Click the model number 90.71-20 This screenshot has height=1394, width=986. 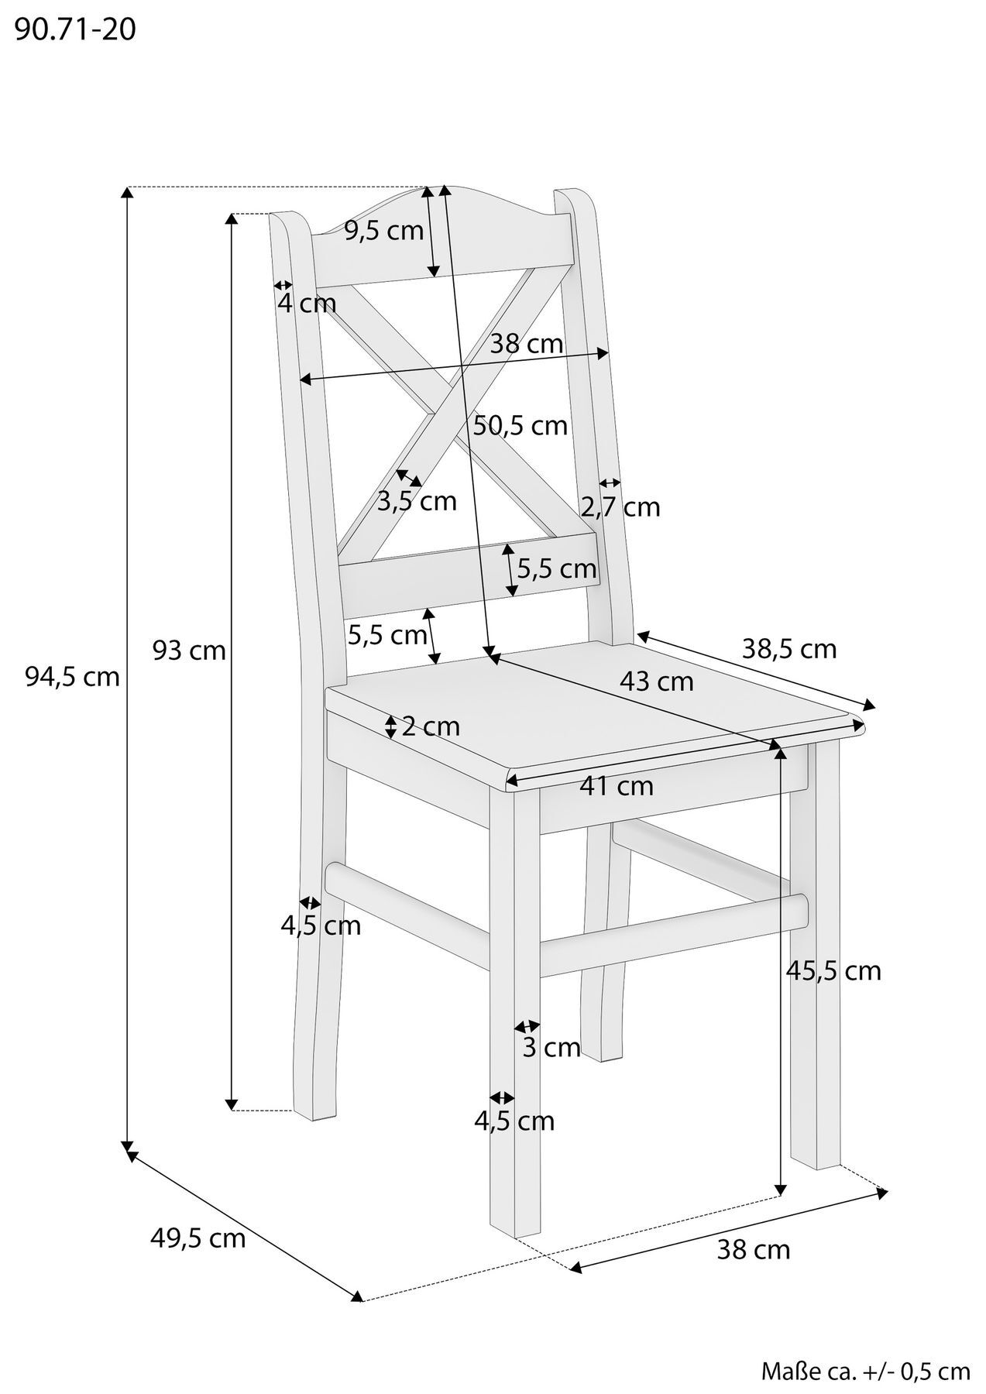point(75,30)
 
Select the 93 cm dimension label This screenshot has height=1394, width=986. point(189,650)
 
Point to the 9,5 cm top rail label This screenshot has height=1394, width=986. point(384,230)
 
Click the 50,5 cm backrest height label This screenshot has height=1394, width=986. point(520,425)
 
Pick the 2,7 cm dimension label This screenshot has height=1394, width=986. point(620,507)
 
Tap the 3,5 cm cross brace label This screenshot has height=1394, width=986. point(417,501)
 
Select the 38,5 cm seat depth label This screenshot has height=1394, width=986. point(789,648)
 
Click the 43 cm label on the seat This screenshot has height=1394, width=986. point(656,682)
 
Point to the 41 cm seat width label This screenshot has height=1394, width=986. point(617,786)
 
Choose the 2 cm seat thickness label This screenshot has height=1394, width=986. point(431,726)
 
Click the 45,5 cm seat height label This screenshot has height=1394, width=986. point(833,970)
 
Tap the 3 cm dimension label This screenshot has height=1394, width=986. point(551,1048)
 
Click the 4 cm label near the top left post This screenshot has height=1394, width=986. point(307,304)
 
